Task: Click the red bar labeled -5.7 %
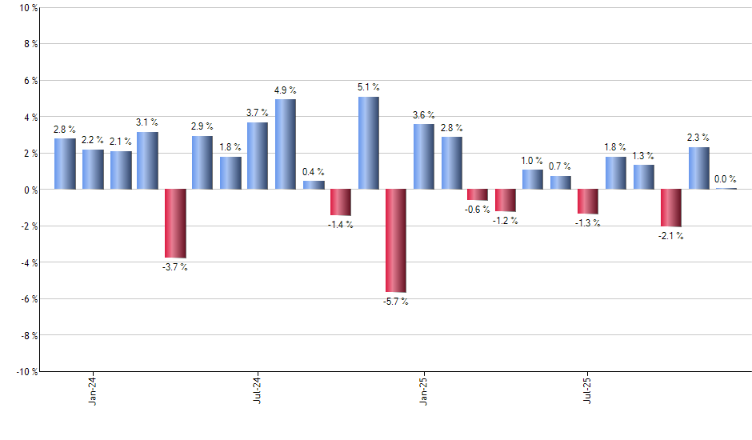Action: (396, 241)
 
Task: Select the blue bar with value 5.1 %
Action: (368, 143)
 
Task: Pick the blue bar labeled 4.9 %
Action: (286, 145)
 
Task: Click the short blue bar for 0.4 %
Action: (314, 186)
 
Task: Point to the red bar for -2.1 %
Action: (671, 208)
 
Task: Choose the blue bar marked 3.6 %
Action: (424, 157)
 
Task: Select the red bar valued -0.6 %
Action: (478, 194)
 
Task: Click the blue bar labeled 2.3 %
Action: (698, 168)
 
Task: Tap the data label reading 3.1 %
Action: (147, 122)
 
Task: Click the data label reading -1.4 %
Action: (341, 225)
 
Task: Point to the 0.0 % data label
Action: (726, 180)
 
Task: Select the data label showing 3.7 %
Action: (258, 113)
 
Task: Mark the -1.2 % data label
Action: (506, 221)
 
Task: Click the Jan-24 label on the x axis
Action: (93, 390)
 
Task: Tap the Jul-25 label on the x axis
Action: (587, 390)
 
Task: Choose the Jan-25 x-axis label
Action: (422, 390)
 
